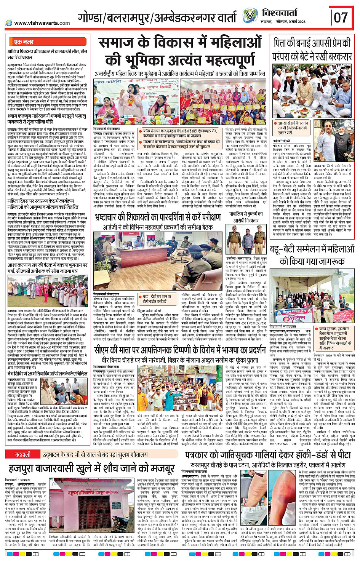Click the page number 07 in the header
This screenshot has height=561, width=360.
(341, 17)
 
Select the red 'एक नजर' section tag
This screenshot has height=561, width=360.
(24, 42)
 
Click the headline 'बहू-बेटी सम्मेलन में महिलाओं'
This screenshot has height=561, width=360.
(312, 250)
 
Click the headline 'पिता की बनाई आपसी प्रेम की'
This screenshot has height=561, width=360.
(312, 43)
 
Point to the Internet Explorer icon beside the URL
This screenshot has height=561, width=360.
(9, 23)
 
